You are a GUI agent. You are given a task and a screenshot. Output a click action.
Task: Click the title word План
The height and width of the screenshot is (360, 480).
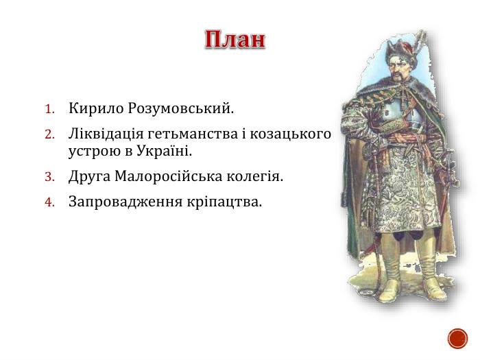235,40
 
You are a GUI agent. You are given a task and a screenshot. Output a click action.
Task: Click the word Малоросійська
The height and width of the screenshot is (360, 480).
163,176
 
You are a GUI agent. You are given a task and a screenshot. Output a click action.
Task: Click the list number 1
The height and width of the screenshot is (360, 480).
49,109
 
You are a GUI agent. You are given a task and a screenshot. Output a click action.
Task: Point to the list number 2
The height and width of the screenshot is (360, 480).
49,133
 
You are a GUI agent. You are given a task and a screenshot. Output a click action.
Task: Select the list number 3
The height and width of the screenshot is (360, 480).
49,177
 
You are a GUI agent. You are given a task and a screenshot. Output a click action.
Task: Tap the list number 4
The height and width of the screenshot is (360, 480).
49,202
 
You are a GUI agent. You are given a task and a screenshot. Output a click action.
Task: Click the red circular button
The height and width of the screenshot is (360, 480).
457,337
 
